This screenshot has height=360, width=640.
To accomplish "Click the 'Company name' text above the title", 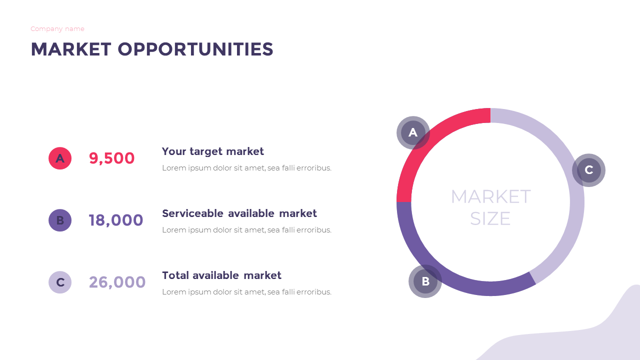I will click(x=57, y=29).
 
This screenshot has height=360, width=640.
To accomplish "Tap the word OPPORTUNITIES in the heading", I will click(x=195, y=49).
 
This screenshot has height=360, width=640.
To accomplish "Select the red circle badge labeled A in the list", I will click(x=60, y=158).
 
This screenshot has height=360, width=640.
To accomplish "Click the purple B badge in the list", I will click(x=60, y=220).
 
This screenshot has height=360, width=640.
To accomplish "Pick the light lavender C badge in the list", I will click(x=60, y=282).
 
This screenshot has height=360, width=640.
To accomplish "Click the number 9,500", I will click(x=111, y=158).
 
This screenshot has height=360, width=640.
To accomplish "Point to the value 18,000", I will click(x=116, y=220).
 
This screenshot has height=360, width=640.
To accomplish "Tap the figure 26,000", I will click(x=117, y=282).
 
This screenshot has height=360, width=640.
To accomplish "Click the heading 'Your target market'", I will click(x=212, y=151).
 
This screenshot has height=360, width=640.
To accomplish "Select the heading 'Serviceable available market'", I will click(x=239, y=213).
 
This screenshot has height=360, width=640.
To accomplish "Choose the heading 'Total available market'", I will click(x=221, y=275).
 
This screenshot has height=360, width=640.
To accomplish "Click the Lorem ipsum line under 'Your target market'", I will click(x=246, y=168).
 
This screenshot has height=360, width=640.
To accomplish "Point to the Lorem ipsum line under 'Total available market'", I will click(x=246, y=292).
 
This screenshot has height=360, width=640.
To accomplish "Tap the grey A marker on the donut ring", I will click(x=413, y=133).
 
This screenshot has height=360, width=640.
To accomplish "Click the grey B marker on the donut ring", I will click(x=425, y=281).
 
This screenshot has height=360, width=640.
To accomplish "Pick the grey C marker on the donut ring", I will click(x=588, y=170).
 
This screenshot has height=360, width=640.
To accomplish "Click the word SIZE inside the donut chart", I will click(x=490, y=219).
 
